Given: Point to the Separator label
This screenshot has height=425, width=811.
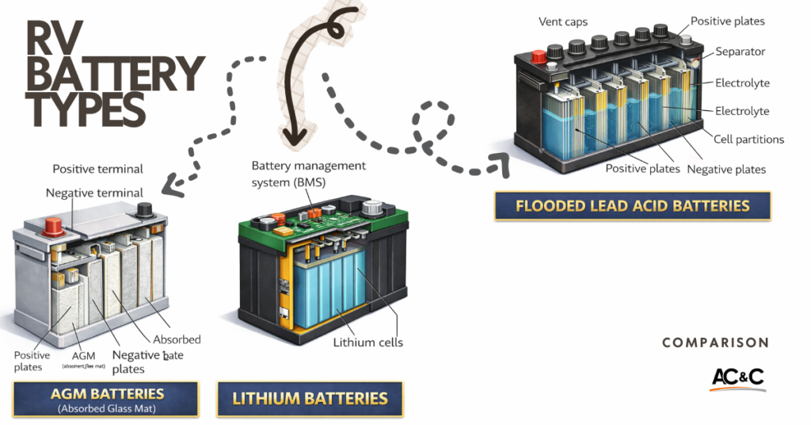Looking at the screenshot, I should click(741, 52).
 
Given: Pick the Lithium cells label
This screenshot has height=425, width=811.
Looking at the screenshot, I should click(367, 343).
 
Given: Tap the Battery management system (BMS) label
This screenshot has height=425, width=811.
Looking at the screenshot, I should click(309, 174).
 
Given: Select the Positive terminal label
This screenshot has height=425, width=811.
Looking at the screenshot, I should click(97, 169).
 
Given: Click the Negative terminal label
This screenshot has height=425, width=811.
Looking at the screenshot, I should click(94, 193).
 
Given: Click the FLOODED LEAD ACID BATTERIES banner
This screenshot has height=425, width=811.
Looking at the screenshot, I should click(632, 206).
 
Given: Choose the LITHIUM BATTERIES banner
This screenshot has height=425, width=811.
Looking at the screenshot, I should click(310, 399).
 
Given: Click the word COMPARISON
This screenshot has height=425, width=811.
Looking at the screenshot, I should click(714, 343).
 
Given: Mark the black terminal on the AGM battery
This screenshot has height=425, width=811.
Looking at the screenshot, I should click(144, 210).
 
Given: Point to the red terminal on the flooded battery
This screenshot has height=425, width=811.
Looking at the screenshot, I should click(539, 58).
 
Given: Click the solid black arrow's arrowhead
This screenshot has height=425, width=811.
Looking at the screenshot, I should click(295, 143).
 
